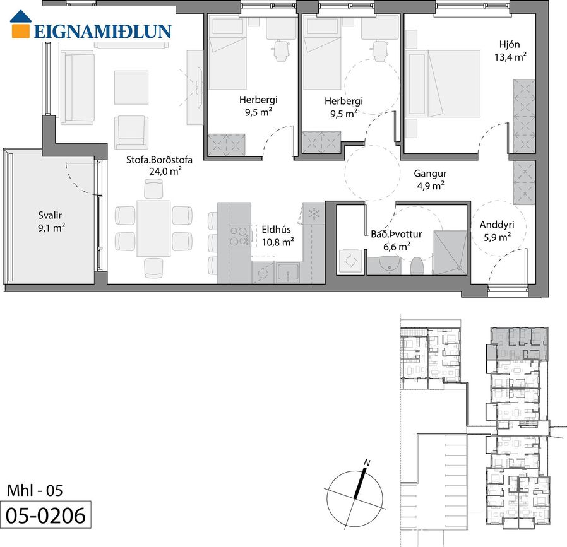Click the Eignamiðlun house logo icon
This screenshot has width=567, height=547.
(x=20, y=24)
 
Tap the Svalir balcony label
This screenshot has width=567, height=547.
(x=50, y=215)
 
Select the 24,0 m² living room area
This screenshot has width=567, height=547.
(x=165, y=171)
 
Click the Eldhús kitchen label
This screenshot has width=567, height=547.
(x=277, y=230)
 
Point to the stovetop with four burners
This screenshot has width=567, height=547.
(x=239, y=236)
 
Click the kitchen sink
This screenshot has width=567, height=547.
(x=288, y=273)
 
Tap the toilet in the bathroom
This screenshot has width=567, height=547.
(x=417, y=266)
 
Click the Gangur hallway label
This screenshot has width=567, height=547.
(x=430, y=174)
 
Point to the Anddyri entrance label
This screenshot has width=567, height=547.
(x=497, y=225)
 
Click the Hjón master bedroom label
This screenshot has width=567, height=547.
(x=510, y=44)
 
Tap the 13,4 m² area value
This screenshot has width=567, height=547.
(x=510, y=57)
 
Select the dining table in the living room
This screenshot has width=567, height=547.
(x=153, y=228)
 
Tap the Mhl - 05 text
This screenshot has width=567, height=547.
(x=35, y=490)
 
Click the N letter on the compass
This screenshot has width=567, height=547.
(x=367, y=462)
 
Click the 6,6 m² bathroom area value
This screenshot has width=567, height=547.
(x=397, y=247)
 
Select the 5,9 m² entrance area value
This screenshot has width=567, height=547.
(x=497, y=237)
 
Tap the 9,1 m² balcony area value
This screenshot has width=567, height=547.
(x=51, y=228)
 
